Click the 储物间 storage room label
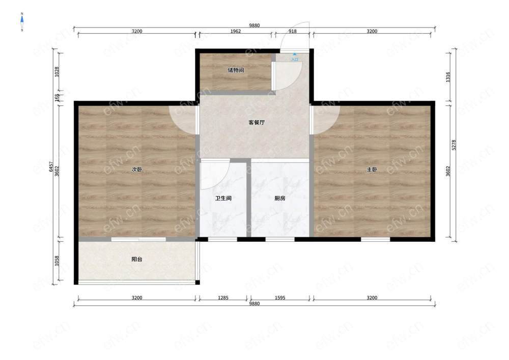[x=236, y=70]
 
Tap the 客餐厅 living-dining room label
[x=257, y=122]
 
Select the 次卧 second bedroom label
[x=136, y=170]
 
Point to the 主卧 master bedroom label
[x=372, y=170]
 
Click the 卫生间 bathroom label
[x=223, y=198]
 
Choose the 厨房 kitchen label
[x=280, y=198]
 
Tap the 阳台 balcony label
[x=136, y=259]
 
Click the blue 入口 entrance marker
[x=295, y=58]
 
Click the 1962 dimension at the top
[x=236, y=31]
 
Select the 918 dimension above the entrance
[x=293, y=31]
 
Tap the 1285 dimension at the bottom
[x=223, y=298]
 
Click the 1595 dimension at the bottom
[x=280, y=298]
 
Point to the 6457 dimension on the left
[x=51, y=167]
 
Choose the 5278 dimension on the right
[x=454, y=145]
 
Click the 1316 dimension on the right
[x=448, y=77]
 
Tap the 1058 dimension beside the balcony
[x=57, y=261]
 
